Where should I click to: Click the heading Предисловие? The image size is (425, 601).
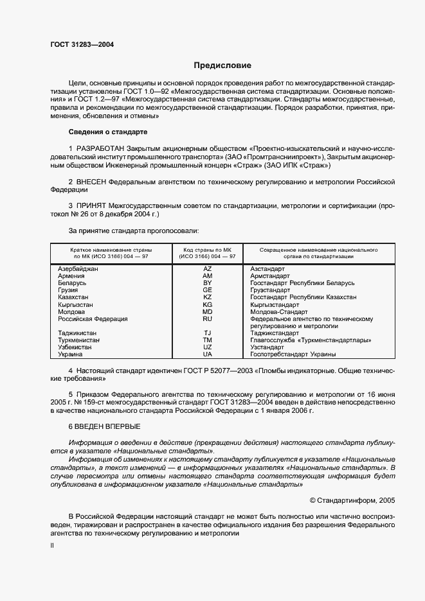223,65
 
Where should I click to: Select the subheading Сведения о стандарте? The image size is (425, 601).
108,132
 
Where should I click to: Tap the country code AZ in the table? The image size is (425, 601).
207,269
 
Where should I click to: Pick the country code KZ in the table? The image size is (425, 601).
207,297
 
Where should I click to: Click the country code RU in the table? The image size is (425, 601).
207,318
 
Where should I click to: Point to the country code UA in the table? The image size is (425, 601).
207,354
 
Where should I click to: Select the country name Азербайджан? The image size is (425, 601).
78,269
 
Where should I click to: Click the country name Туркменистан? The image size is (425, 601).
80,340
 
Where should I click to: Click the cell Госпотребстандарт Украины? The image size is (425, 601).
293,354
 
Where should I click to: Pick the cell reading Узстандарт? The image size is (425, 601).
267,347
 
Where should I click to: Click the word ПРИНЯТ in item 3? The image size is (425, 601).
91,206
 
